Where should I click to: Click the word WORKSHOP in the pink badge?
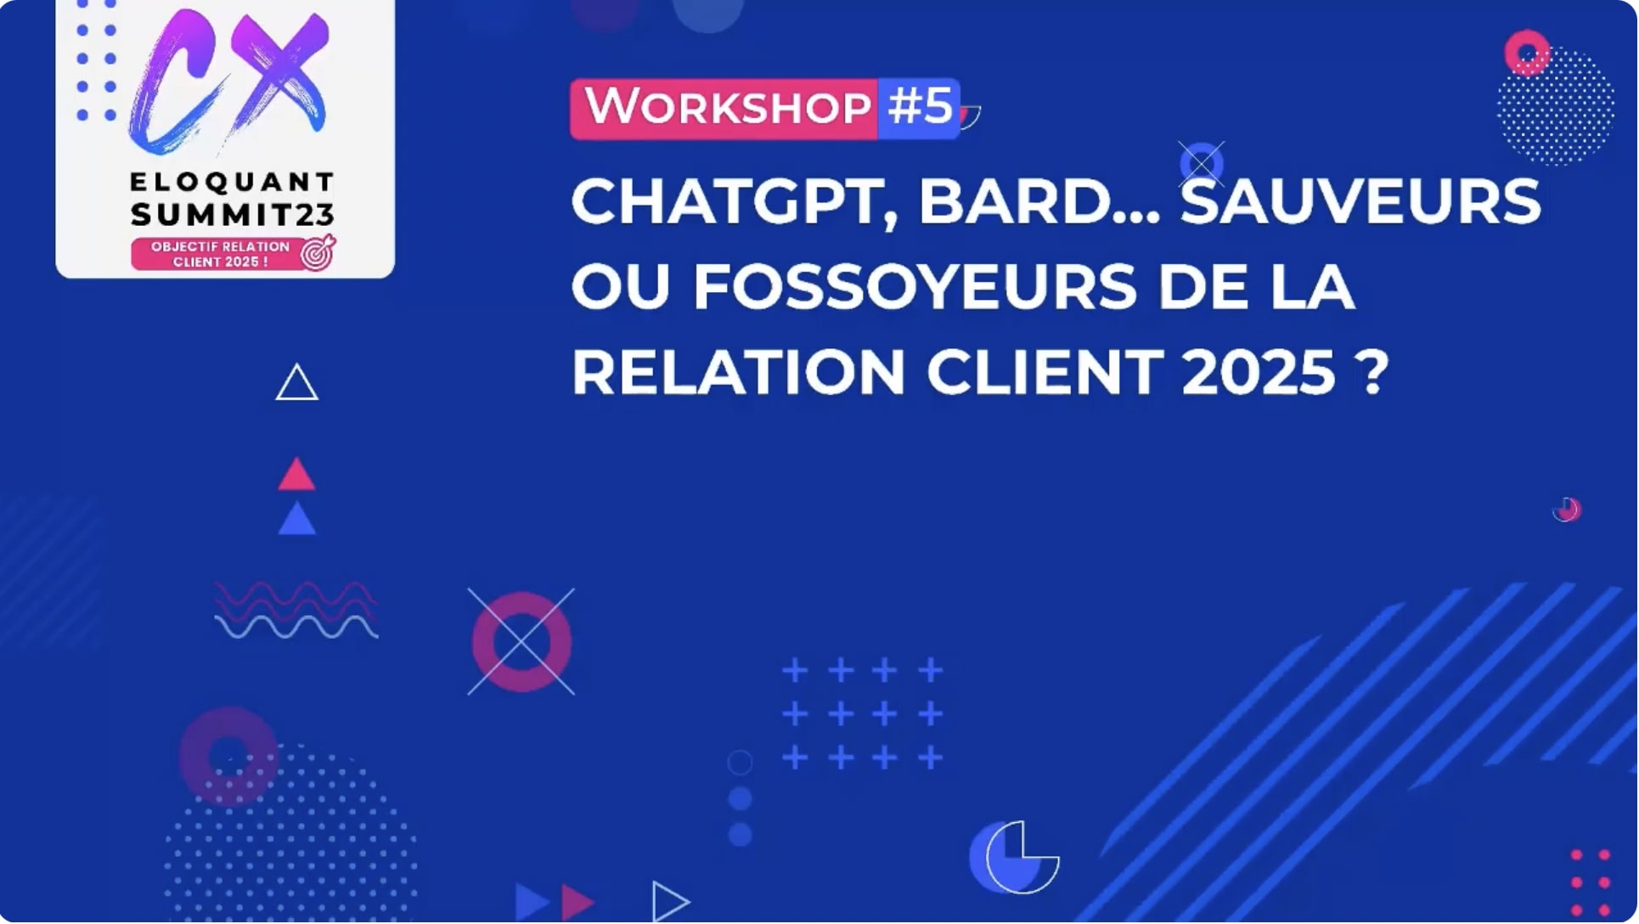coord(728,108)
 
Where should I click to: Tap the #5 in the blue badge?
coord(920,107)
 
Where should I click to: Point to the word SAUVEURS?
coord(1360,202)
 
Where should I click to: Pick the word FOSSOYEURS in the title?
coord(915,287)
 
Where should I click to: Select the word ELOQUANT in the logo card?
coord(232,182)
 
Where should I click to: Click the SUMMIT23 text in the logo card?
coord(232,215)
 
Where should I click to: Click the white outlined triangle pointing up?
coord(296,384)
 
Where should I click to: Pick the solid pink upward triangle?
coord(296,476)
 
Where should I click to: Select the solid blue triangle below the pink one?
coord(296,520)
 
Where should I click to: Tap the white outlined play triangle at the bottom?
coord(669,901)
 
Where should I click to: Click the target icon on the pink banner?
coord(318,253)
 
